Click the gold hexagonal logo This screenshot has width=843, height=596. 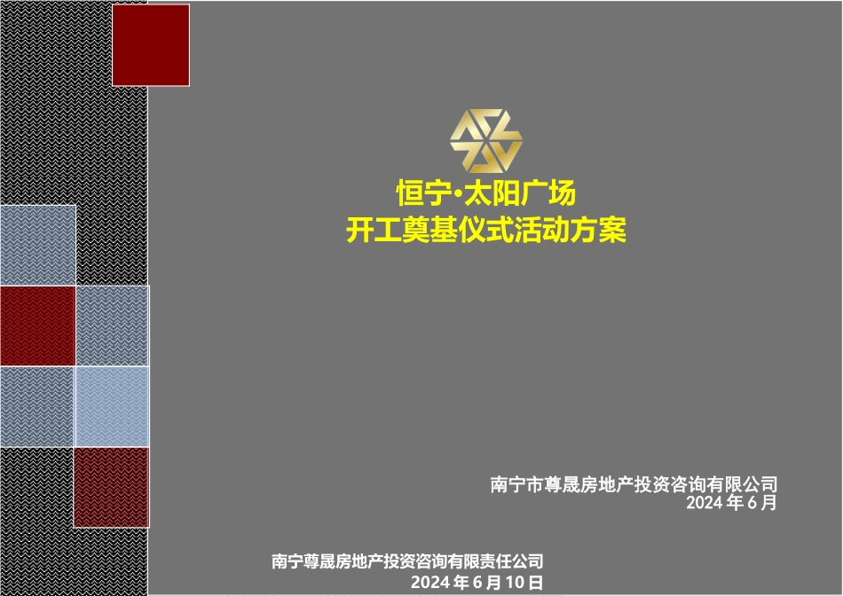tap(485, 142)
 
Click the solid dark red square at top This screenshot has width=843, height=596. tap(151, 45)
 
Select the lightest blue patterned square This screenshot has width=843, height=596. tap(111, 406)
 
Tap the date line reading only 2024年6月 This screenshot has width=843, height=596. tap(731, 503)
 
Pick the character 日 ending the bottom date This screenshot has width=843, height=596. tap(533, 582)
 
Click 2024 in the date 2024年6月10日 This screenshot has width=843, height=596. tap(430, 582)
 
